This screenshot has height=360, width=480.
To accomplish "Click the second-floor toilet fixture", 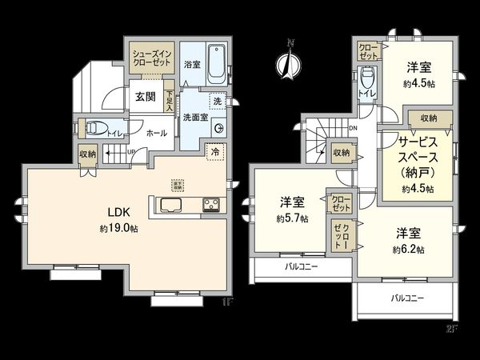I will [x=366, y=80].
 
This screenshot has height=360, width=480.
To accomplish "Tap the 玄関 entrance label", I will [x=145, y=98].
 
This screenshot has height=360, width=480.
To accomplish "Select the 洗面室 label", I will [x=194, y=117].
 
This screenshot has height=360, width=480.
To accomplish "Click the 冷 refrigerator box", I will [x=214, y=150].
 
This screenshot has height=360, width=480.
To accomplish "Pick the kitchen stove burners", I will [x=212, y=203].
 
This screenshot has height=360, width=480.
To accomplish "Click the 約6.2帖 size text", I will [x=409, y=250].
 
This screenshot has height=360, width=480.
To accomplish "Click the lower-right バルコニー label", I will [x=408, y=298].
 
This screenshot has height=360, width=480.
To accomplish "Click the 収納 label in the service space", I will [x=428, y=118].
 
